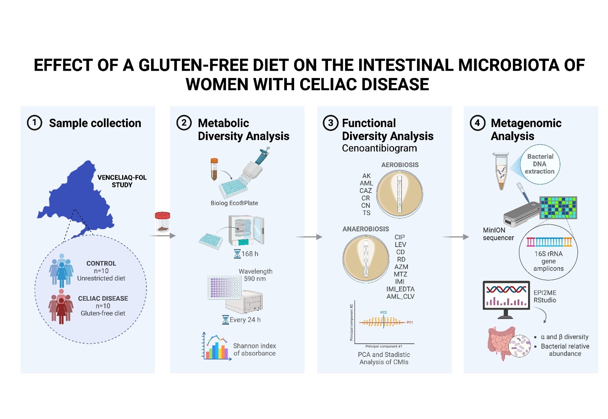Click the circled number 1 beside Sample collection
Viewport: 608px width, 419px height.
(x=34, y=123)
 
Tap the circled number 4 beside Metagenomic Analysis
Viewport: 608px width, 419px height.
(x=477, y=123)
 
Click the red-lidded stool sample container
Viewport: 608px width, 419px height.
(x=162, y=222)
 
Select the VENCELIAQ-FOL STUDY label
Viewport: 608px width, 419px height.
(x=122, y=181)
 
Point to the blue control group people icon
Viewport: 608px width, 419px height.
(x=61, y=270)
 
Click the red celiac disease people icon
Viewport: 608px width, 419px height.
(x=61, y=306)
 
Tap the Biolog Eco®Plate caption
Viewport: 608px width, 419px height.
(x=234, y=203)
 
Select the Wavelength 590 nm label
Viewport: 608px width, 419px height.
(x=255, y=275)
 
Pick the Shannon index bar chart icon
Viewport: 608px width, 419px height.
(x=216, y=347)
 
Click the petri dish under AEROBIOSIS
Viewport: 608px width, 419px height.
(x=399, y=194)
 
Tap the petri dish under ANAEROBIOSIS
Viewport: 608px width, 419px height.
(x=366, y=259)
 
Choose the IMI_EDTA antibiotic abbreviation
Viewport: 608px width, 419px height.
(x=400, y=289)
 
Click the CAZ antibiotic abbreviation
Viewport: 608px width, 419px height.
(x=366, y=190)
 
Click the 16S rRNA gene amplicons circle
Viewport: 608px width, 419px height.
(x=548, y=255)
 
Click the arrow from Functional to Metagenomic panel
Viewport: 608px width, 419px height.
(x=455, y=237)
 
